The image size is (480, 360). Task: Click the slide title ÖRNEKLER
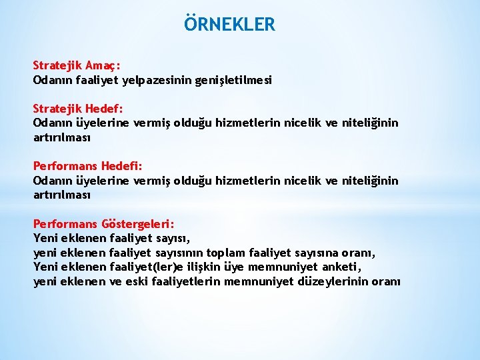pyautogui.click(x=229, y=25)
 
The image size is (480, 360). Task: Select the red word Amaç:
pyautogui.click(x=102, y=66)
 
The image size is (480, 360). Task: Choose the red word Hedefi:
pyautogui.click(x=122, y=165)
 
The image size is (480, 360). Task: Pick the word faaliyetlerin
pyautogui.click(x=187, y=281)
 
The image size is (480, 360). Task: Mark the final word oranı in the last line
pyautogui.click(x=387, y=281)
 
